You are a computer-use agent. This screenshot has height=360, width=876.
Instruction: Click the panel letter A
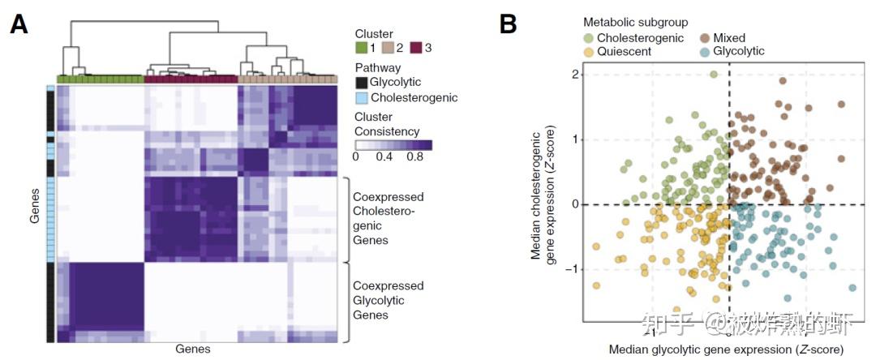(19, 25)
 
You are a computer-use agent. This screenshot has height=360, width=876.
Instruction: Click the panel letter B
(508, 25)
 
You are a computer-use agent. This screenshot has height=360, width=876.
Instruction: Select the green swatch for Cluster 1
(362, 49)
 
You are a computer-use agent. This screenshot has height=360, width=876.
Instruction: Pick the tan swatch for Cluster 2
(389, 49)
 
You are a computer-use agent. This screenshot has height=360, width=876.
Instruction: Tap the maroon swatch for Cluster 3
(416, 49)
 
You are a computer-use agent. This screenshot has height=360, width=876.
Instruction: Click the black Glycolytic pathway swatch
(361, 83)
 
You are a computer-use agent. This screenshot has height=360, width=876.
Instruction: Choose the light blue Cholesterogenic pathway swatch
(361, 98)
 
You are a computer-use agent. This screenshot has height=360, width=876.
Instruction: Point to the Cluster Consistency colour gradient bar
(393, 144)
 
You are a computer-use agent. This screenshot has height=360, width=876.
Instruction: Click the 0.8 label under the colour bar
(415, 157)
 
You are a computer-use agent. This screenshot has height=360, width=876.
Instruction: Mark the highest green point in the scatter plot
(714, 74)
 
